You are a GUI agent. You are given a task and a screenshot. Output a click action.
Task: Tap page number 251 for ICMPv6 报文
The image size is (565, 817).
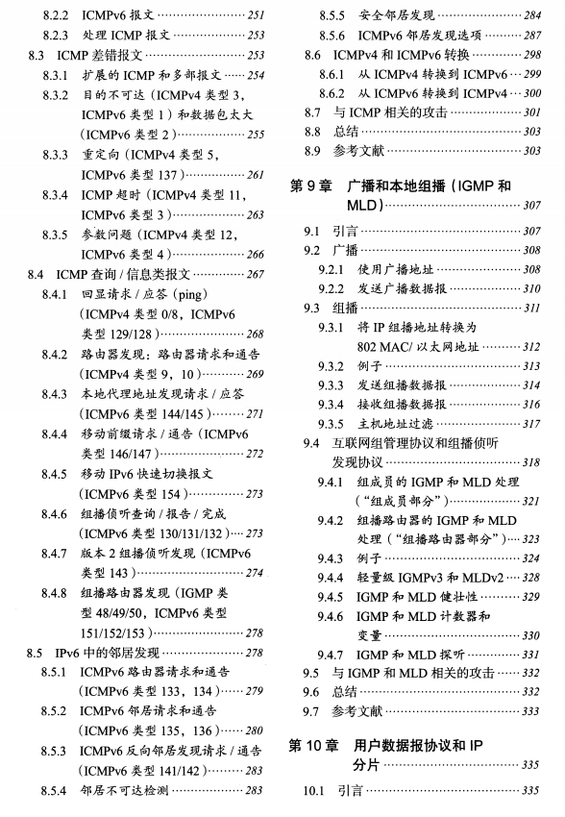coord(255,15)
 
